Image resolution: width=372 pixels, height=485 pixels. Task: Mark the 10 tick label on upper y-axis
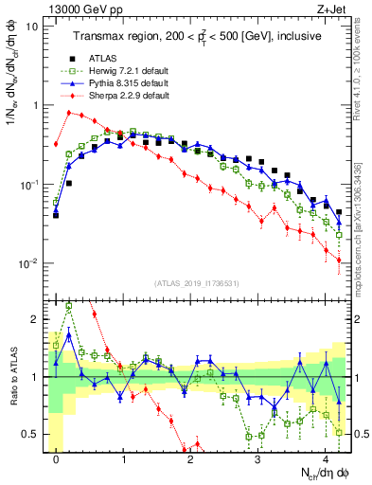[32, 27]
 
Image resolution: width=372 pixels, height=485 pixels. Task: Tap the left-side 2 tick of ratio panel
[37, 320]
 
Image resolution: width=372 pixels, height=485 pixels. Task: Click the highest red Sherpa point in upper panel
[69, 112]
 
